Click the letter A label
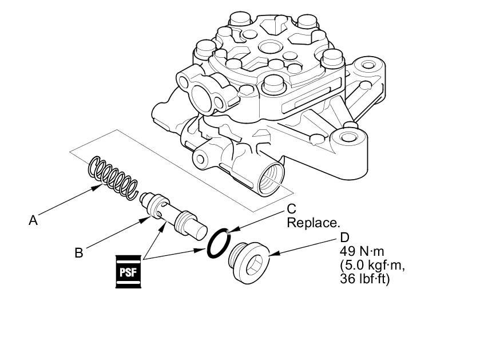(33, 220)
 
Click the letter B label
(79, 252)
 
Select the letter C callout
(292, 209)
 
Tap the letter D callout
(344, 238)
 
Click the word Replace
(314, 223)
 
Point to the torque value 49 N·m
(362, 251)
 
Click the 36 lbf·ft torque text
(364, 279)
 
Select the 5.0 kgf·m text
(372, 265)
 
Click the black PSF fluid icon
(128, 271)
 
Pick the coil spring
(113, 177)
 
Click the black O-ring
(219, 244)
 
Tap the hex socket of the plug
(254, 265)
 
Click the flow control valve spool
(173, 216)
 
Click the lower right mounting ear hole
(347, 137)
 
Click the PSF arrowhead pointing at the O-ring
(201, 250)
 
